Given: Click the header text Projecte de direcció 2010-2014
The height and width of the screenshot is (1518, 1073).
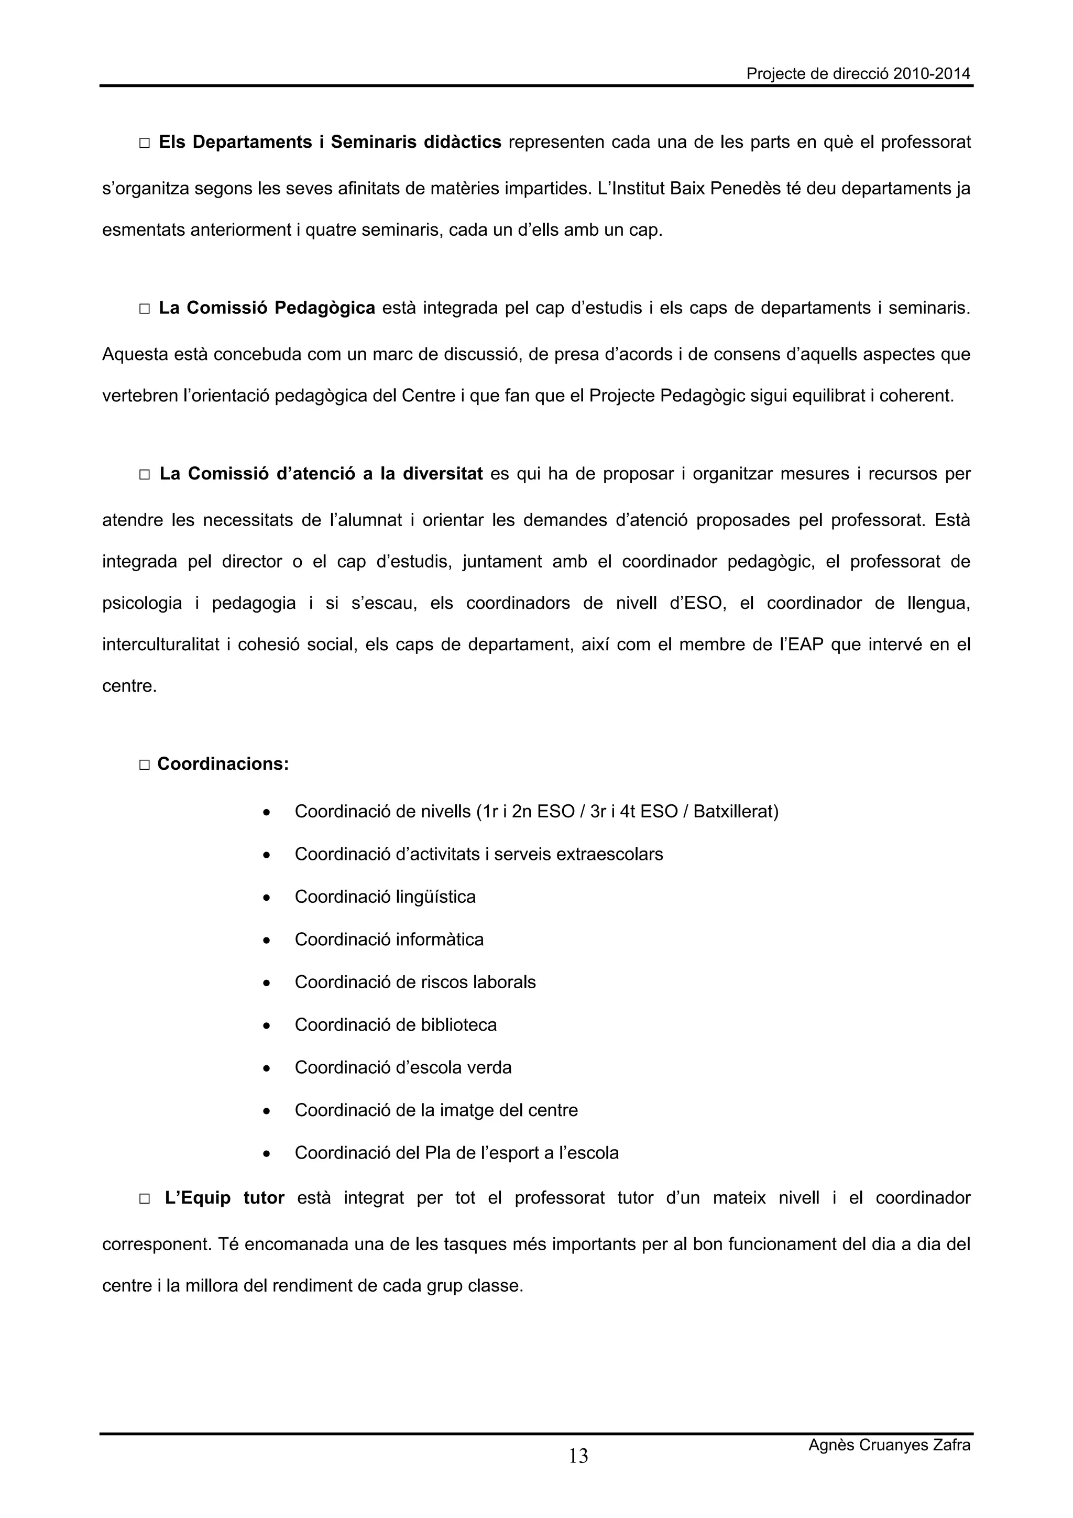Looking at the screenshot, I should tap(858, 74).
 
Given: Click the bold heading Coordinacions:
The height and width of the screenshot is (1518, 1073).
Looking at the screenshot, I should tap(223, 765).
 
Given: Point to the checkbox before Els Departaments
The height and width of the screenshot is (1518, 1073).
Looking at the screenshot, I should tap(145, 143).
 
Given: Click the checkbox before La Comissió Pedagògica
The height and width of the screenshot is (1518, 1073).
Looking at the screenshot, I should tap(145, 309).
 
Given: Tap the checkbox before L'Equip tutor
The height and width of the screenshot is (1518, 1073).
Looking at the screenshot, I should tap(145, 1199).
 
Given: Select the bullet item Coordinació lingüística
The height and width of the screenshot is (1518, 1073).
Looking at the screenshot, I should tap(385, 897).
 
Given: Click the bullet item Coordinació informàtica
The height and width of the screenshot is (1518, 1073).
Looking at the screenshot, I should tap(389, 940).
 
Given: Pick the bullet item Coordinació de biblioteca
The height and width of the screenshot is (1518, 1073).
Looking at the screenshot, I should tap(396, 1025).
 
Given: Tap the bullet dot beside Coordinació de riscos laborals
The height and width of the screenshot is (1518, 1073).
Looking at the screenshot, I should tap(267, 984).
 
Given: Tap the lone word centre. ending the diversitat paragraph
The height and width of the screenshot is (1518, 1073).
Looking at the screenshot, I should tap(129, 686).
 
